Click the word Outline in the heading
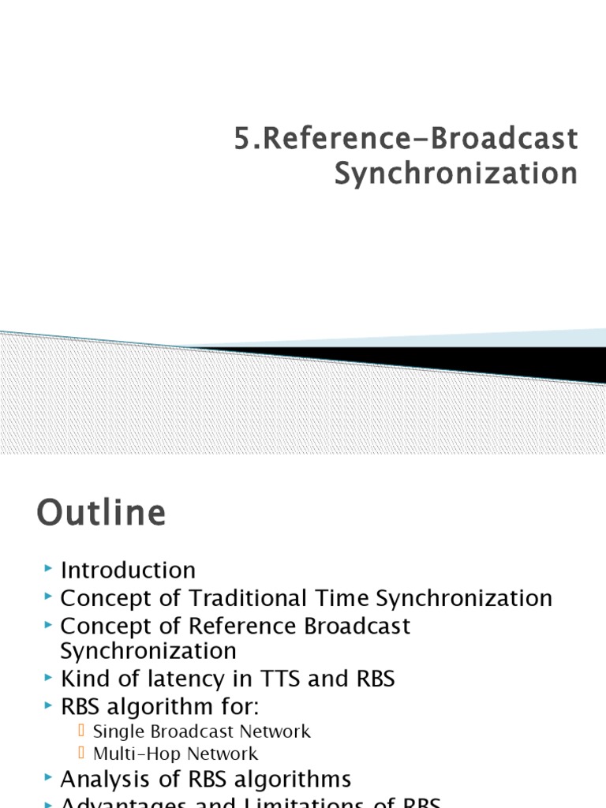[101, 514]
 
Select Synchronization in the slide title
[455, 174]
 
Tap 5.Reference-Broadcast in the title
[406, 139]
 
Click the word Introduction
[128, 570]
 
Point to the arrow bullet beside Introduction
[49, 568]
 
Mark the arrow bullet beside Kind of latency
[49, 678]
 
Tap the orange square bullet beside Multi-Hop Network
[82, 754]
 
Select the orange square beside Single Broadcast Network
[82, 731]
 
